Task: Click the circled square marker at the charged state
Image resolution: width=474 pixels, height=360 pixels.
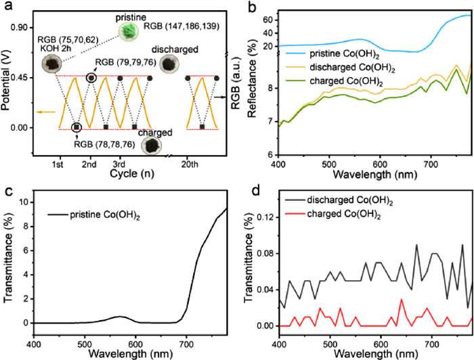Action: click(x=77, y=127)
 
